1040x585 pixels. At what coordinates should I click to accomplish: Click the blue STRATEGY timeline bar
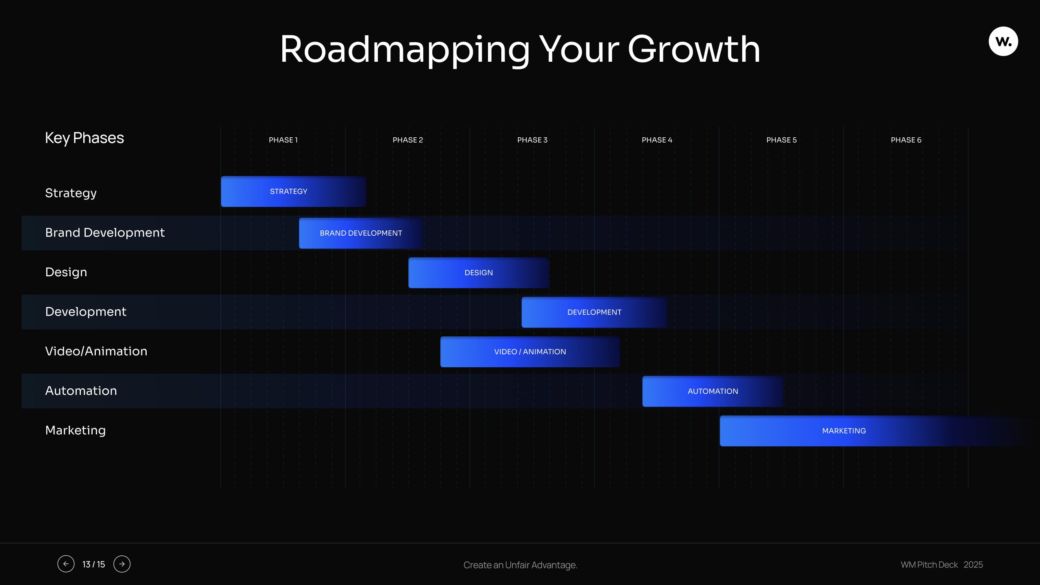[x=293, y=191]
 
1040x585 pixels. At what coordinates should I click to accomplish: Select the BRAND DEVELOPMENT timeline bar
[x=361, y=233]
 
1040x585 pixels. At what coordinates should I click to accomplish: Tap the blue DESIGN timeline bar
[x=479, y=273]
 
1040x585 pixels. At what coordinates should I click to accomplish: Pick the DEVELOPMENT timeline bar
[x=594, y=312]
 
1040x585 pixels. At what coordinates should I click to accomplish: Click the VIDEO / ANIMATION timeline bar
[x=530, y=352]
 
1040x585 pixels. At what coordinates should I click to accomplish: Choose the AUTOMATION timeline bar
[x=713, y=391]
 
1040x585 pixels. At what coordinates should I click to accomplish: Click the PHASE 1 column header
[x=283, y=140]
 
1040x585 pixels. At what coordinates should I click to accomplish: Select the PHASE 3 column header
[x=532, y=140]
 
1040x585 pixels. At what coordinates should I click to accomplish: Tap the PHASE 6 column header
[x=906, y=140]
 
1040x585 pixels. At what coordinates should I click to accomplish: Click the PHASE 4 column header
[x=657, y=140]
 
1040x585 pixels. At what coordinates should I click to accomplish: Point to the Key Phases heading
[x=84, y=138]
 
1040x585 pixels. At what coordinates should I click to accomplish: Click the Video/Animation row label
[x=96, y=351]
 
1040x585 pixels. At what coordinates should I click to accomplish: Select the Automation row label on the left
[x=81, y=390]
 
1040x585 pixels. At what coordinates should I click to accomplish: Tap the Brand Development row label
[x=105, y=232]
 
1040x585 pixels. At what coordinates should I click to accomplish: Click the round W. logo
[x=1003, y=41]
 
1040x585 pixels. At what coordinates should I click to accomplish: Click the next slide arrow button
[x=122, y=564]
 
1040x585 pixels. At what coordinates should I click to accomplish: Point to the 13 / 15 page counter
[x=93, y=564]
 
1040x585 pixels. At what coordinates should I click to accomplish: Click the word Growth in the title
[x=694, y=49]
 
